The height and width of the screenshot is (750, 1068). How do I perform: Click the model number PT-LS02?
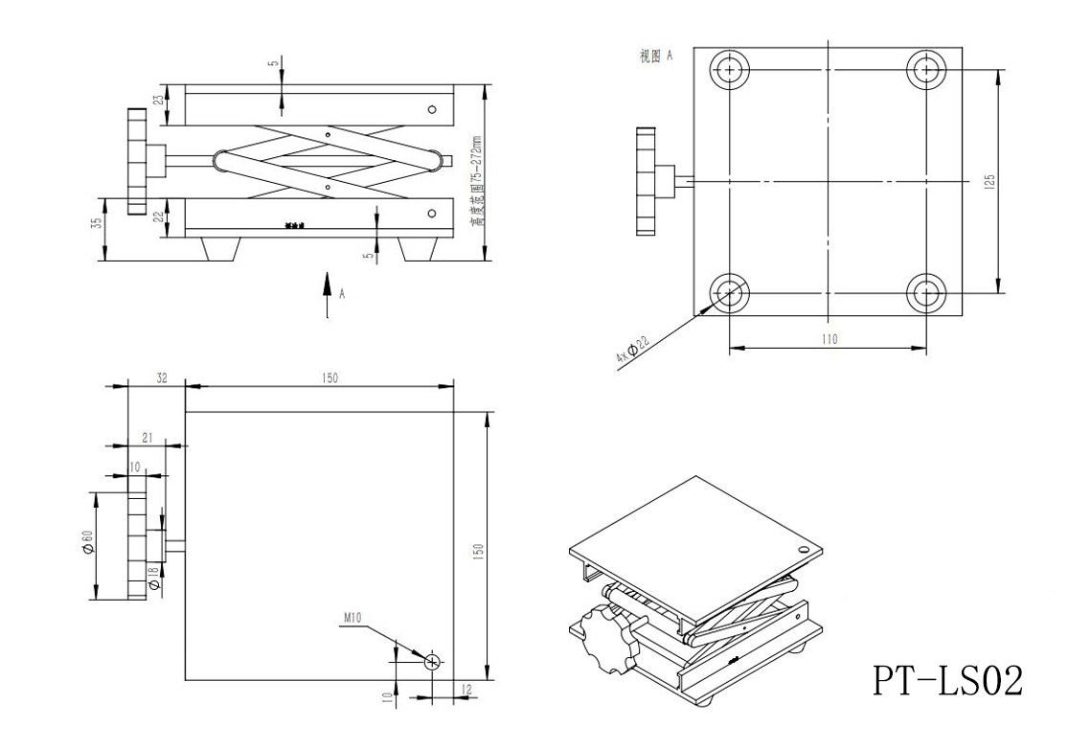click(947, 680)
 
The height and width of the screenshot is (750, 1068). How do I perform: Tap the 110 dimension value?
click(829, 339)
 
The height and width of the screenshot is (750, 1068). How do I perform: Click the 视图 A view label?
click(656, 57)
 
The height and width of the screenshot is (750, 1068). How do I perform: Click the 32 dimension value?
click(161, 378)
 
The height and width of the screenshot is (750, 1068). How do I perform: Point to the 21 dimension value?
click(147, 437)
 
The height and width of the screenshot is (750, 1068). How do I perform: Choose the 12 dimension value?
click(466, 689)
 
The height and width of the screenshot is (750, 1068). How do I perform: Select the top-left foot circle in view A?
click(730, 70)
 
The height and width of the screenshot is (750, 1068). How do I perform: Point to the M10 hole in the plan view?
click(433, 661)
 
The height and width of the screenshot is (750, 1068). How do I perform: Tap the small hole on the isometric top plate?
click(803, 550)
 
